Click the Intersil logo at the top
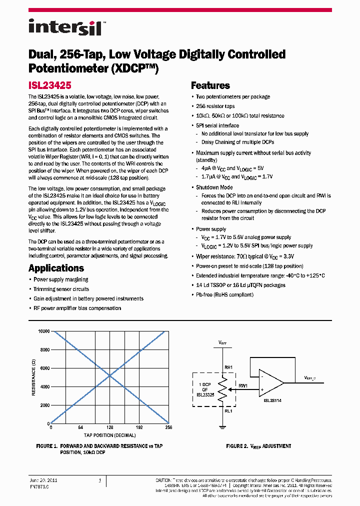pos(64,26)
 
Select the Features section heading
pos(210,85)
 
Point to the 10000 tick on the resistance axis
pos(43,331)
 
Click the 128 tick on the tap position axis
pos(109,428)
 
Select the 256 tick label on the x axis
pos(168,428)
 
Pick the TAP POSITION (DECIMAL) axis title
pos(109,435)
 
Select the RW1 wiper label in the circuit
pos(243,385)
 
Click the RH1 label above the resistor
pos(228,367)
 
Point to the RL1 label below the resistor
pos(228,411)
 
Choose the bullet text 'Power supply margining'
pos(60,279)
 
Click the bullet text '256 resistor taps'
pos(215,106)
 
